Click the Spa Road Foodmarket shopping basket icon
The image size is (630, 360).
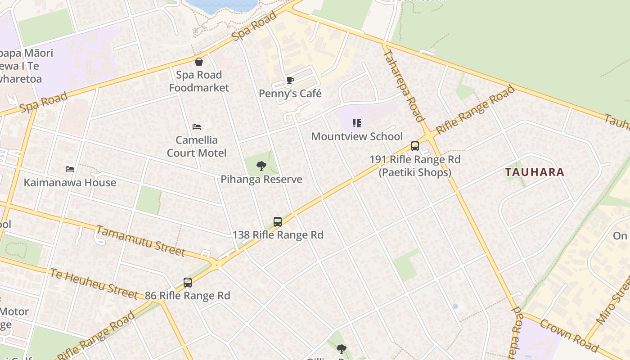pos(199,62)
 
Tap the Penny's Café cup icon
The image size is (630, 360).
pos(290,81)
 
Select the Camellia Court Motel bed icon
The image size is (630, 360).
pos(197,127)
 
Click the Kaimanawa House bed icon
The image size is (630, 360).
pos(70,169)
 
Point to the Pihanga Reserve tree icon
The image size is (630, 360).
pos(261,166)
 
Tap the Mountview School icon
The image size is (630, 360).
pos(357,123)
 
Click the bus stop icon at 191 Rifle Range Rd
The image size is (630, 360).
pos(415,146)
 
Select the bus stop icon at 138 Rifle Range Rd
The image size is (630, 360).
pos(278,222)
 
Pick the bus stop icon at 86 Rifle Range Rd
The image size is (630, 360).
pos(188,283)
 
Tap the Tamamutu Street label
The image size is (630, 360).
pos(141,241)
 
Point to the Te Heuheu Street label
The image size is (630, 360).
pos(94,283)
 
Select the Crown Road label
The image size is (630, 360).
pos(569,336)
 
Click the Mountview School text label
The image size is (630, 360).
pos(357,136)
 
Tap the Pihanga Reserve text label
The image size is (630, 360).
pos(261,179)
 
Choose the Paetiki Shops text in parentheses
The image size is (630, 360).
pos(415,172)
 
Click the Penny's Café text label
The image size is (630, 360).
pos(290,94)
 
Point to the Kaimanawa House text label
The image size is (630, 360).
pos(70,182)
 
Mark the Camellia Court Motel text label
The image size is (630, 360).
pos(197,146)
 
